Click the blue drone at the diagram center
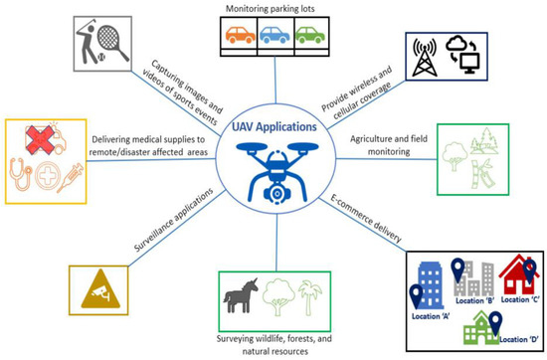tap(273, 169)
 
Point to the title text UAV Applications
tap(273, 126)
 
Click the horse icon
tap(244, 292)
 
